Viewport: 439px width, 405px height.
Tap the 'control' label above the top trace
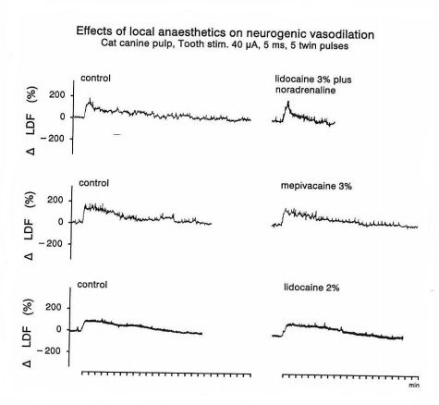click(x=95, y=78)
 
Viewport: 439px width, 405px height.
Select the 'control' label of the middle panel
click(x=94, y=183)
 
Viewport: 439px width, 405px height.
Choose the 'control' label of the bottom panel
click(x=92, y=284)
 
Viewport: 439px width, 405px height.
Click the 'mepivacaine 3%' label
click(x=316, y=186)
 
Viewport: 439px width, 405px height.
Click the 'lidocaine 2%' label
click(x=311, y=288)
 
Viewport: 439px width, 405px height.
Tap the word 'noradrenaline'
click(x=305, y=90)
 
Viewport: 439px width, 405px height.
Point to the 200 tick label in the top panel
click(x=57, y=95)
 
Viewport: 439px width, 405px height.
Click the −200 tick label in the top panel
click(x=53, y=139)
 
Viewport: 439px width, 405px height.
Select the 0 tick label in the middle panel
click(x=61, y=222)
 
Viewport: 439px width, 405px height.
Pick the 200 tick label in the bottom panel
click(x=54, y=308)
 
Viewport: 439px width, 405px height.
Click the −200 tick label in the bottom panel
click(x=49, y=351)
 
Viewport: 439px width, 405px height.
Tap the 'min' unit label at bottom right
click(x=414, y=385)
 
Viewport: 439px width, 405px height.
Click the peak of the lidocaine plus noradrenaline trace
click(x=288, y=102)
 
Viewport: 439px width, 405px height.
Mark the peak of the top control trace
click(x=90, y=99)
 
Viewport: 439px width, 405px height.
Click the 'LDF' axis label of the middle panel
click(x=29, y=229)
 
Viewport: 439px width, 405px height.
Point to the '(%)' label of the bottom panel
click(x=27, y=306)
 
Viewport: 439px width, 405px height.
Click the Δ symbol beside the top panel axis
click(x=30, y=151)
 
